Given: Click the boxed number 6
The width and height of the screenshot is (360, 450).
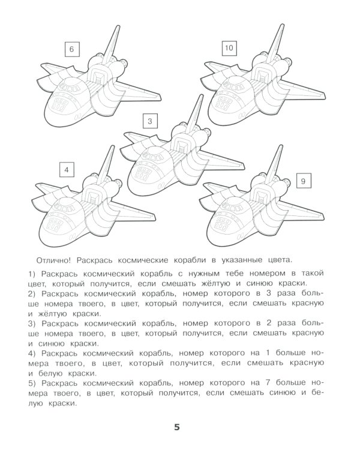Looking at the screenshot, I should [71, 49].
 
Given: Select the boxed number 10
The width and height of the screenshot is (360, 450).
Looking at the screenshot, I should [229, 48].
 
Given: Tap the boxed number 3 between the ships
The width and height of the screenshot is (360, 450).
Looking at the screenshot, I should [151, 122].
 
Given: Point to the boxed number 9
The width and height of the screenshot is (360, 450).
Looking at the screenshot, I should [304, 181].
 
